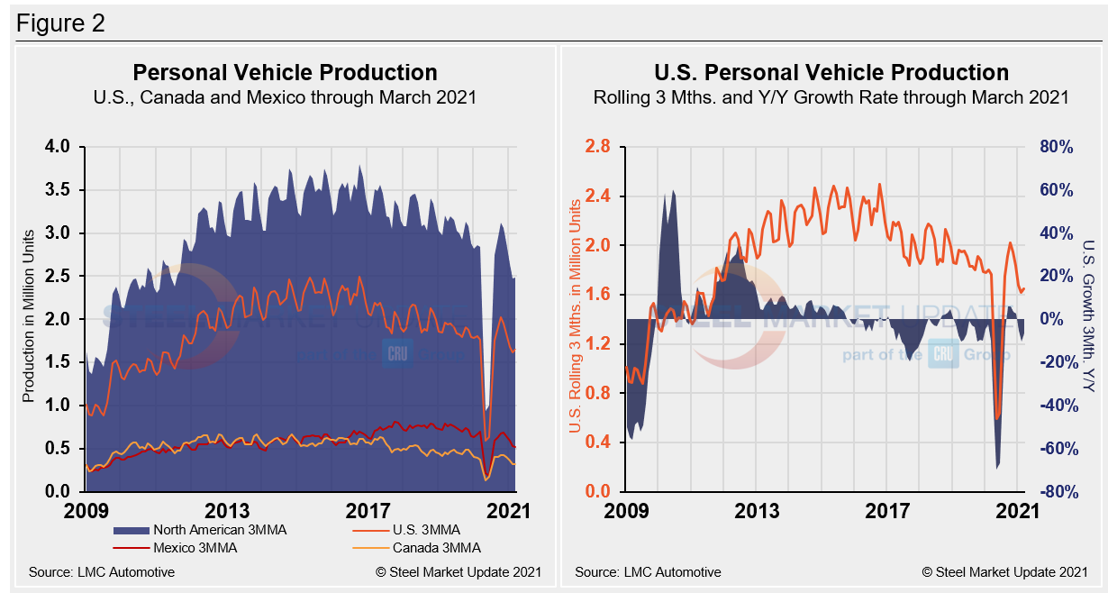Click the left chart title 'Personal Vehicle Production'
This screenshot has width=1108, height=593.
[x=285, y=73]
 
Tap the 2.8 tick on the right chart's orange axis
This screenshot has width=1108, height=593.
[x=599, y=147]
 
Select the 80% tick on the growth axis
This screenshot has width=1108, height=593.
[x=1054, y=147]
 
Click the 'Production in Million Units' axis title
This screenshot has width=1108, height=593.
[x=28, y=319]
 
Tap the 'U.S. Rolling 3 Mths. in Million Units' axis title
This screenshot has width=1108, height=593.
[x=573, y=319]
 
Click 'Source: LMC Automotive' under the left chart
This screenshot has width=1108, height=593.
[x=102, y=571]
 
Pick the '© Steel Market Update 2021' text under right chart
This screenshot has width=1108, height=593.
[x=1004, y=571]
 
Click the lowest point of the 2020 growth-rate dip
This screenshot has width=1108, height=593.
[x=998, y=468]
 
